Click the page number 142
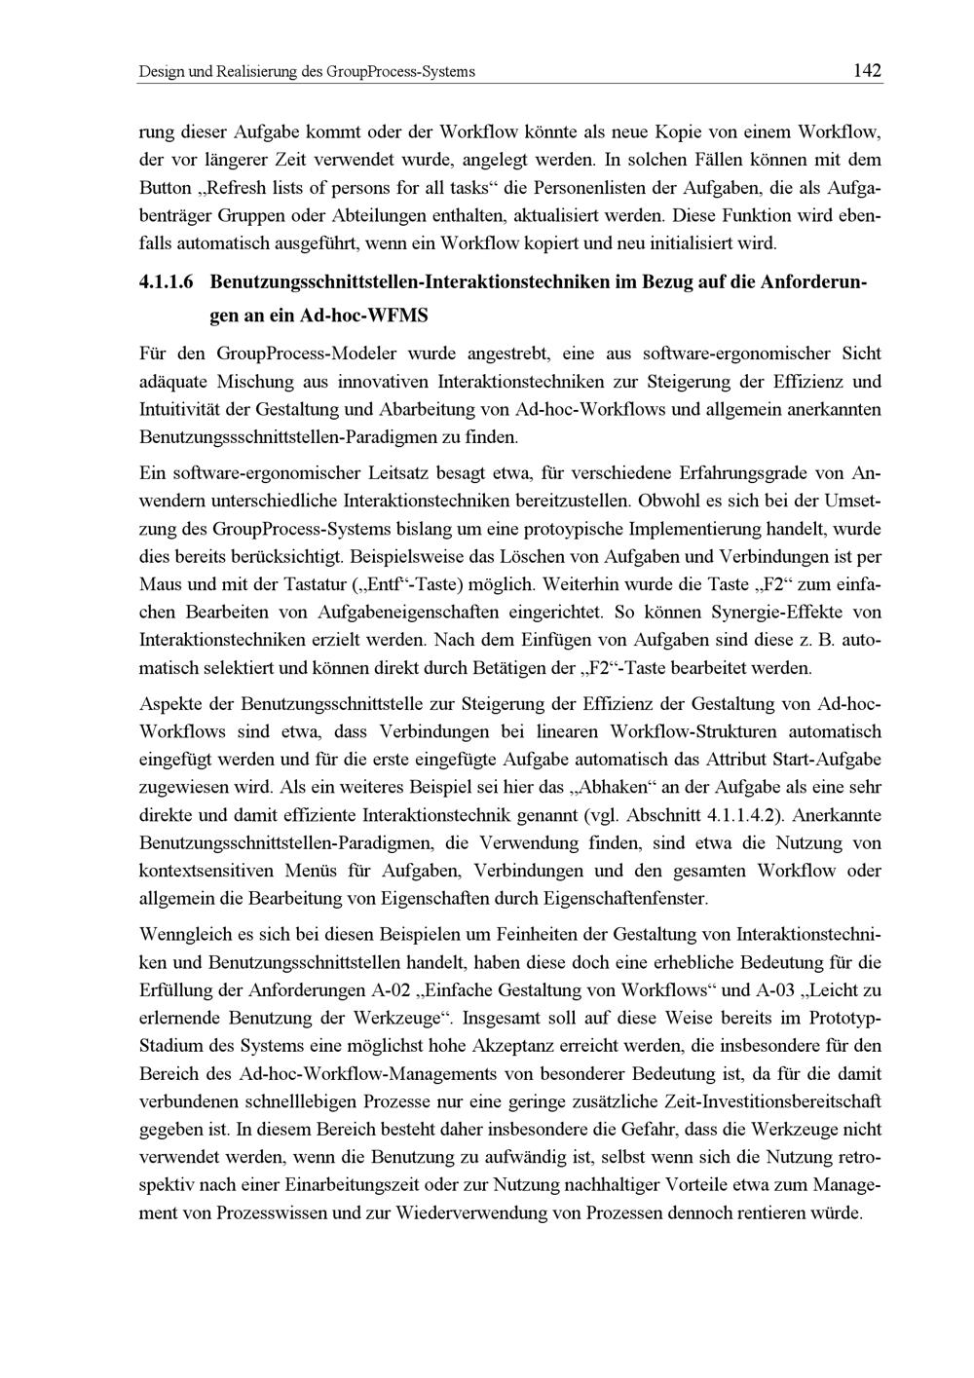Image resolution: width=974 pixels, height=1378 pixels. coord(866,70)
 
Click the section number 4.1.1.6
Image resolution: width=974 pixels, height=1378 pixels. coord(168,283)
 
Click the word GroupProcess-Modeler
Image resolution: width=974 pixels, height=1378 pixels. coord(299,352)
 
